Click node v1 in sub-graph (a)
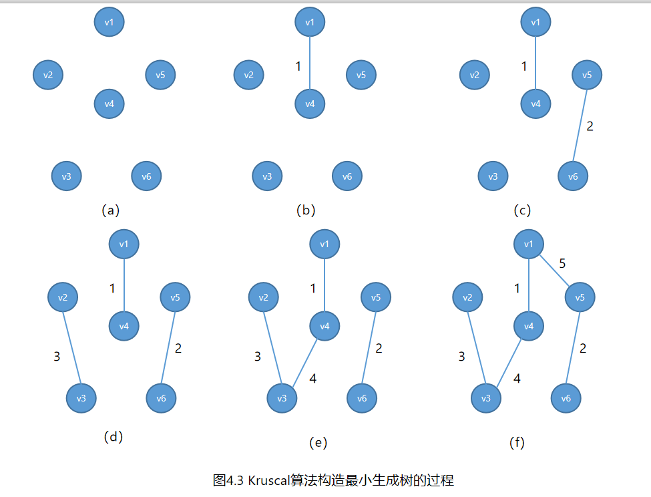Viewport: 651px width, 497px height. click(110, 22)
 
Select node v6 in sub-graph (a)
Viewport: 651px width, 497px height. click(147, 176)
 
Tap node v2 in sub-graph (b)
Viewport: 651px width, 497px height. click(248, 75)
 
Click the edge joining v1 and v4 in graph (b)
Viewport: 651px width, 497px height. click(310, 63)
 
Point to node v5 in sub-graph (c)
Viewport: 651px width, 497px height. click(587, 75)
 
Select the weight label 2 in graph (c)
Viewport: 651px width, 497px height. click(590, 126)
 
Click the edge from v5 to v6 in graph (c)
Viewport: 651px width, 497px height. click(580, 126)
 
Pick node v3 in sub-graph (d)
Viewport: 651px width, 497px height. click(81, 398)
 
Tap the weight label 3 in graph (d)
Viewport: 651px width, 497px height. click(57, 357)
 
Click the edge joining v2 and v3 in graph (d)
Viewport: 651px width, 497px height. click(71, 347)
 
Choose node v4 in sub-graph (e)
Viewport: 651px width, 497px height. click(324, 326)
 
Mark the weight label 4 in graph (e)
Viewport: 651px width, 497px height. click(312, 378)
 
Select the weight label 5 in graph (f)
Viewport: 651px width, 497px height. click(562, 263)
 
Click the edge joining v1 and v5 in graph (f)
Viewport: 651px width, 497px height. click(554, 271)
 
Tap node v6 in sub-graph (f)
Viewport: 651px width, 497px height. click(566, 398)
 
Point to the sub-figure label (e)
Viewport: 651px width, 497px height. click(318, 442)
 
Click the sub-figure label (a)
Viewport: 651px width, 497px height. click(110, 210)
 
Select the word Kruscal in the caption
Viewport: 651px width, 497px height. click(270, 480)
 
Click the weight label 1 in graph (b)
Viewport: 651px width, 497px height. click(298, 66)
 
